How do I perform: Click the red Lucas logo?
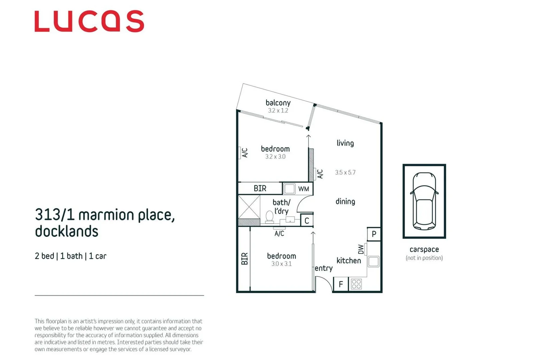[89, 21]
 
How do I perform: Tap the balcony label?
[278, 103]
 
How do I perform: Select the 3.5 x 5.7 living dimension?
[345, 172]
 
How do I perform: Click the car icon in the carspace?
[424, 201]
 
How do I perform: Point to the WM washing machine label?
[304, 189]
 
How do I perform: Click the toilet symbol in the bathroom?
[269, 217]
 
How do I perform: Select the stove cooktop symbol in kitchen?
[356, 284]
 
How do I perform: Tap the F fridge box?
[341, 284]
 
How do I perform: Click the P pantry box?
[374, 234]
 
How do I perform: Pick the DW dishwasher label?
[361, 249]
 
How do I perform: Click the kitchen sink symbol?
[373, 261]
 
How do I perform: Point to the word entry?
[324, 268]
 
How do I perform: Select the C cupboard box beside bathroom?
[307, 221]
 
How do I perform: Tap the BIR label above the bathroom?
[260, 189]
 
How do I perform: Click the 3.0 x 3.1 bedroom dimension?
[281, 264]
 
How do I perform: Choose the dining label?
[345, 201]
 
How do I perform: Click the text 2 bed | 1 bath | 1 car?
[70, 256]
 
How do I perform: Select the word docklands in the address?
[67, 231]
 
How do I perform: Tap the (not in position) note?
[424, 258]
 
